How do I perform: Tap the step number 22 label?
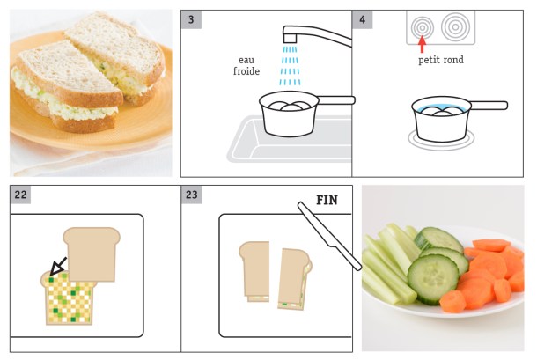(x=20, y=195)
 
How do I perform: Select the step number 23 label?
(x=193, y=195)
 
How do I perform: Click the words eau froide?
(x=247, y=66)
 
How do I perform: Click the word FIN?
(x=327, y=200)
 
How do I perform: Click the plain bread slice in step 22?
(x=91, y=253)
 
